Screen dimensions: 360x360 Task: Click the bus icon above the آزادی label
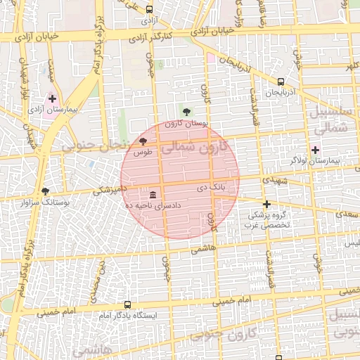(x=149, y=9)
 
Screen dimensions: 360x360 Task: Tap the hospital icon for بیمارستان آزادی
(x=52, y=98)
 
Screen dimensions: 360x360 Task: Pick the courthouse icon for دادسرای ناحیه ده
(x=153, y=194)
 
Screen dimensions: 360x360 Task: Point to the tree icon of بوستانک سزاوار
(x=46, y=191)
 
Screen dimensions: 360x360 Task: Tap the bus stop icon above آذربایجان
(x=281, y=82)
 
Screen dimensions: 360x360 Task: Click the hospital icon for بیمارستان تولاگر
(x=315, y=150)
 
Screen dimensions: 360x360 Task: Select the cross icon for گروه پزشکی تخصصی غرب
(x=266, y=204)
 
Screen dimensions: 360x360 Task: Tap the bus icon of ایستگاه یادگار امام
(x=127, y=305)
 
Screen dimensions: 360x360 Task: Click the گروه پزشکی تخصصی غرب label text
(x=267, y=221)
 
